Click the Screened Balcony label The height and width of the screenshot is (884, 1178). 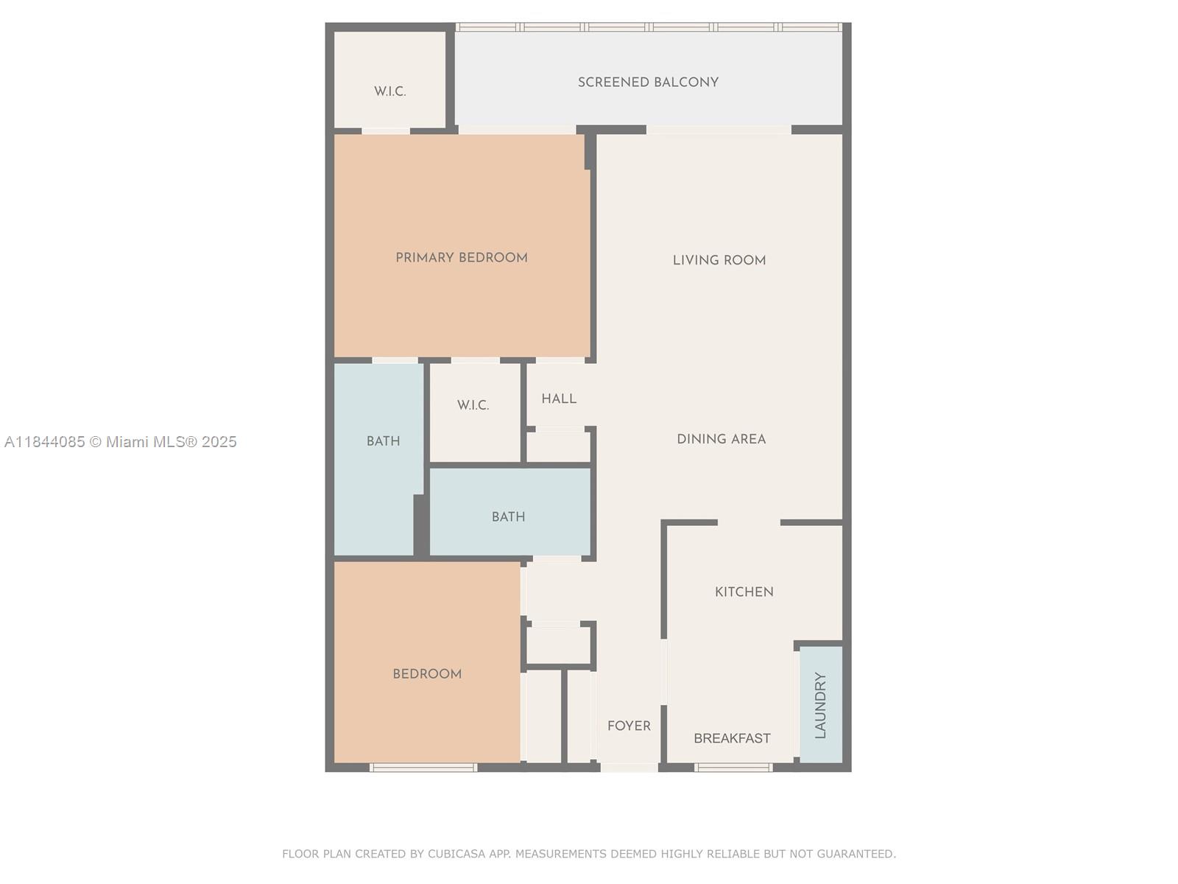click(648, 83)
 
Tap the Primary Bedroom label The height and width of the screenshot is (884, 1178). click(462, 258)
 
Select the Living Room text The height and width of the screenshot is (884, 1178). click(719, 260)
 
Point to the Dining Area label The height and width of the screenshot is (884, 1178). click(722, 439)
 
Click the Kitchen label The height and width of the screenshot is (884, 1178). click(744, 592)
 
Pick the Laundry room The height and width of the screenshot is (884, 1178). click(821, 705)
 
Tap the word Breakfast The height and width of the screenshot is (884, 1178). click(732, 738)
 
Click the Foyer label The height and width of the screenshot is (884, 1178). click(629, 726)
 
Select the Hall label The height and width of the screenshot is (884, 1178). click(559, 399)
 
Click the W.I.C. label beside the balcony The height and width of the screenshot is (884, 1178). click(390, 91)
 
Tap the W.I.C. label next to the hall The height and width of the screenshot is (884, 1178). click(473, 405)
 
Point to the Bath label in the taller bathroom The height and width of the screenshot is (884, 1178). click(384, 441)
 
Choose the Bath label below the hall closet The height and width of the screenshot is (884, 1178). click(509, 517)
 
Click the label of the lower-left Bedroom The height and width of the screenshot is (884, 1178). click(427, 674)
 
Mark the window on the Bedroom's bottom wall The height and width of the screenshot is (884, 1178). click(423, 768)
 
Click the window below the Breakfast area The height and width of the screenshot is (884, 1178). click(733, 768)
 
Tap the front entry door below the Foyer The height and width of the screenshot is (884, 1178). click(629, 768)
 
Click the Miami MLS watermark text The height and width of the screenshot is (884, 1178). click(121, 442)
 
